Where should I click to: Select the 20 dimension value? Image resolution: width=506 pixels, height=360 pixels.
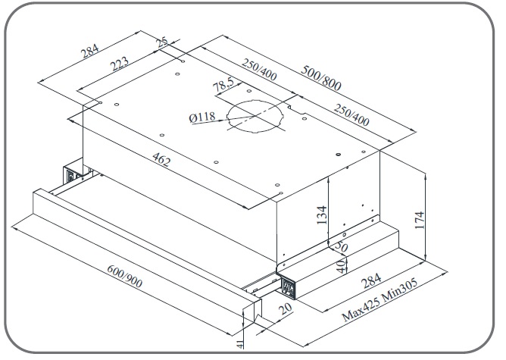[x=283, y=308]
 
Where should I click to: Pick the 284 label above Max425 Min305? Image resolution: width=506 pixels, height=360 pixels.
[x=370, y=283]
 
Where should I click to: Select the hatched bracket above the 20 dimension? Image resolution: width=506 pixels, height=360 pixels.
[x=289, y=287]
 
